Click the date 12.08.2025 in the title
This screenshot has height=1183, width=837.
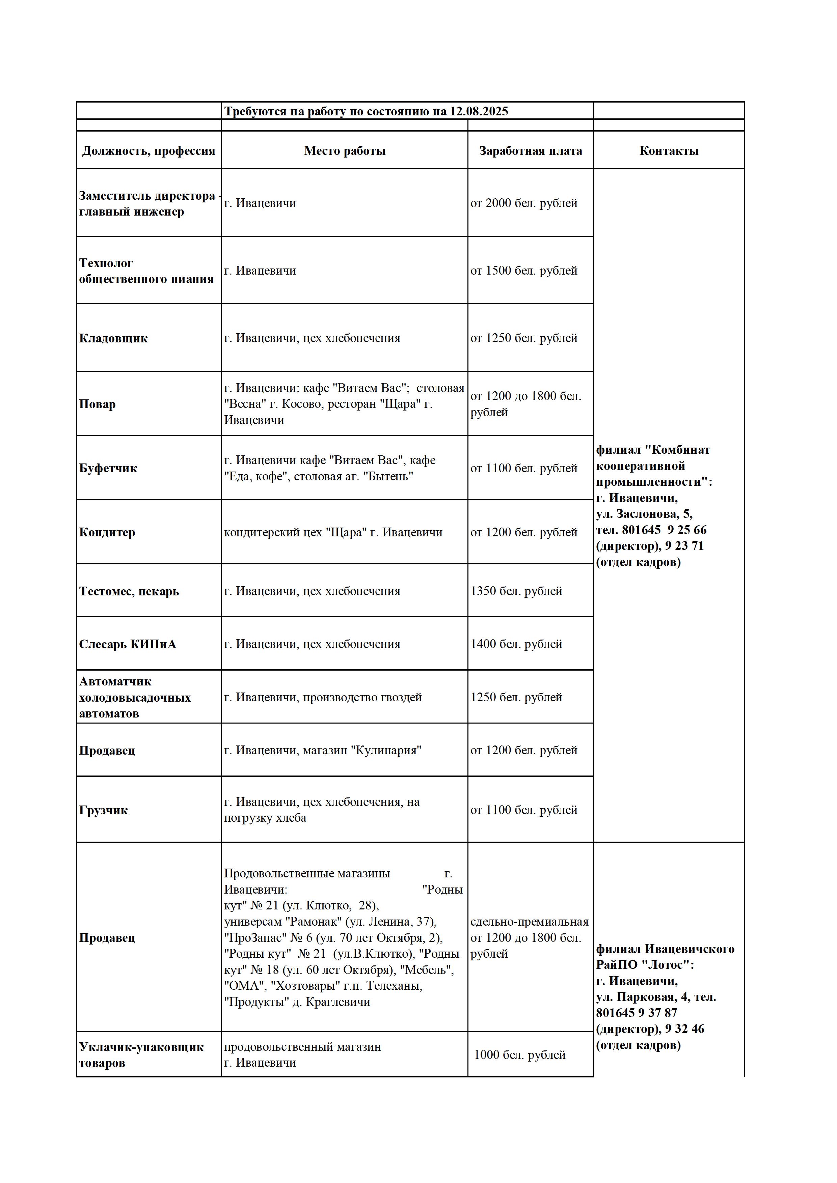[x=479, y=111]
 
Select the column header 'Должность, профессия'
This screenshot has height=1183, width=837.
[x=148, y=151]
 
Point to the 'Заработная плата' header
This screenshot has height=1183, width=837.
[x=530, y=151]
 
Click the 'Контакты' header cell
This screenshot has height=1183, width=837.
[x=669, y=151]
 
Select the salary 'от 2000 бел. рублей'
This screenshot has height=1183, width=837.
[x=524, y=203]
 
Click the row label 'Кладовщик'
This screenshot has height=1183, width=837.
[x=113, y=339]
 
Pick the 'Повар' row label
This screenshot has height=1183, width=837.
[x=98, y=404]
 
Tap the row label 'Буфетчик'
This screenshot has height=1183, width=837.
[x=108, y=468]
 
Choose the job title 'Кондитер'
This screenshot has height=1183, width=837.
[x=107, y=532]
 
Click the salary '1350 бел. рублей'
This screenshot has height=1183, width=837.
[x=516, y=591]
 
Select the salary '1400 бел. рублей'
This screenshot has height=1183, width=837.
[x=516, y=644]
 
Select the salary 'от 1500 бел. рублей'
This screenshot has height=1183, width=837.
[x=524, y=271]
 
